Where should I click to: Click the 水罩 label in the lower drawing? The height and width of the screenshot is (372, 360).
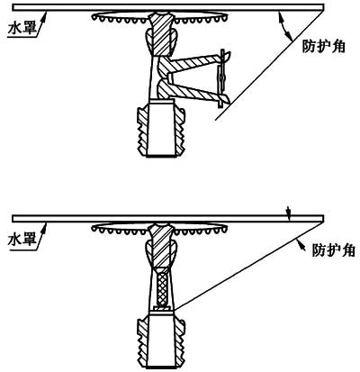click(22, 240)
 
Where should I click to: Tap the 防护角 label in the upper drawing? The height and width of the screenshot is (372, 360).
click(323, 46)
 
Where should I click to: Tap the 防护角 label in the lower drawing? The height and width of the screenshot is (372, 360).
click(334, 250)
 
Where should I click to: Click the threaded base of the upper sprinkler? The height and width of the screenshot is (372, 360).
click(161, 130)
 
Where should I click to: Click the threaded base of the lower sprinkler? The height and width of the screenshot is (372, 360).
click(161, 340)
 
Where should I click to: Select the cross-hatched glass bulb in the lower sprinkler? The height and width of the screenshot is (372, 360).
click(162, 286)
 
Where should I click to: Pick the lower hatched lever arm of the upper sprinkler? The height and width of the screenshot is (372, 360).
click(192, 90)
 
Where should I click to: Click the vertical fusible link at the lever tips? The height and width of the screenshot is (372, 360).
click(221, 77)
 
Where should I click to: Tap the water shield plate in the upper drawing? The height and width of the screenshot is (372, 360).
click(168, 7)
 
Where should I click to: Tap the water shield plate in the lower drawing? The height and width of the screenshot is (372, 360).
click(168, 219)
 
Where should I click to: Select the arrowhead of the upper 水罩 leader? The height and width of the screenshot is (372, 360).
click(46, 14)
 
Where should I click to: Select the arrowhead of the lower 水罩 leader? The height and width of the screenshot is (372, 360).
click(46, 226)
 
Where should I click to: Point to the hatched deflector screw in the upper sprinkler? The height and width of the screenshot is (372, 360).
click(162, 33)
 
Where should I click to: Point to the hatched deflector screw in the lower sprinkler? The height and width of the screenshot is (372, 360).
click(162, 245)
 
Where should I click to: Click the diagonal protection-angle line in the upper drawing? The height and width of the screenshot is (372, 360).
click(269, 65)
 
